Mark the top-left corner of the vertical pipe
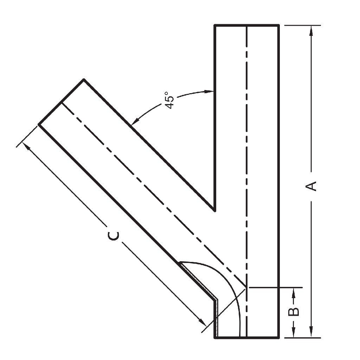pyautogui.click(x=215, y=25)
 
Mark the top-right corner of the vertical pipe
pyautogui.click(x=279, y=25)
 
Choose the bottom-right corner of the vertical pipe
pyautogui.click(x=279, y=338)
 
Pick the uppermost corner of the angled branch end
pyautogui.click(x=84, y=79)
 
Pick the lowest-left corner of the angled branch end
pyautogui.click(x=38, y=124)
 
